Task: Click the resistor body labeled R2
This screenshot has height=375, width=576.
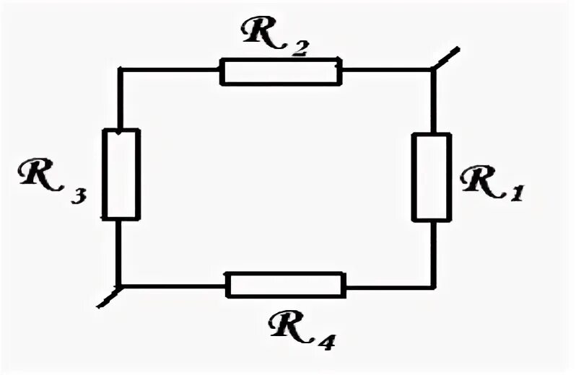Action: pyautogui.click(x=280, y=72)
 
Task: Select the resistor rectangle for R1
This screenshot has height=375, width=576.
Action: pyautogui.click(x=432, y=177)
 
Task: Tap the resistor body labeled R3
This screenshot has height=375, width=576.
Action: pyautogui.click(x=121, y=174)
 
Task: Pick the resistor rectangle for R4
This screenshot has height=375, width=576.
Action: pyautogui.click(x=286, y=285)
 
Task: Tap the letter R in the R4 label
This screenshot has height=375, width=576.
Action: pyautogui.click(x=287, y=326)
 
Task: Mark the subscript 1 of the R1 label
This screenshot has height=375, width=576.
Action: pyautogui.click(x=514, y=193)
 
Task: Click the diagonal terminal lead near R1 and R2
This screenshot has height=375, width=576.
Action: pyautogui.click(x=445, y=58)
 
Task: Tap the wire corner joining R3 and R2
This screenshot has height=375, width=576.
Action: pyautogui.click(x=121, y=70)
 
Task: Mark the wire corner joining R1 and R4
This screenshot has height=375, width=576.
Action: pyautogui.click(x=433, y=287)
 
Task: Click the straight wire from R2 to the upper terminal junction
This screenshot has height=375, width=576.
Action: pyautogui.click(x=385, y=71)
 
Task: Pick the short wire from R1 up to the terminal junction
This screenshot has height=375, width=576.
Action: pyautogui.click(x=432, y=101)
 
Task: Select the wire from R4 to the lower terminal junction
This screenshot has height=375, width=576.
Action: pyautogui.click(x=173, y=286)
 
